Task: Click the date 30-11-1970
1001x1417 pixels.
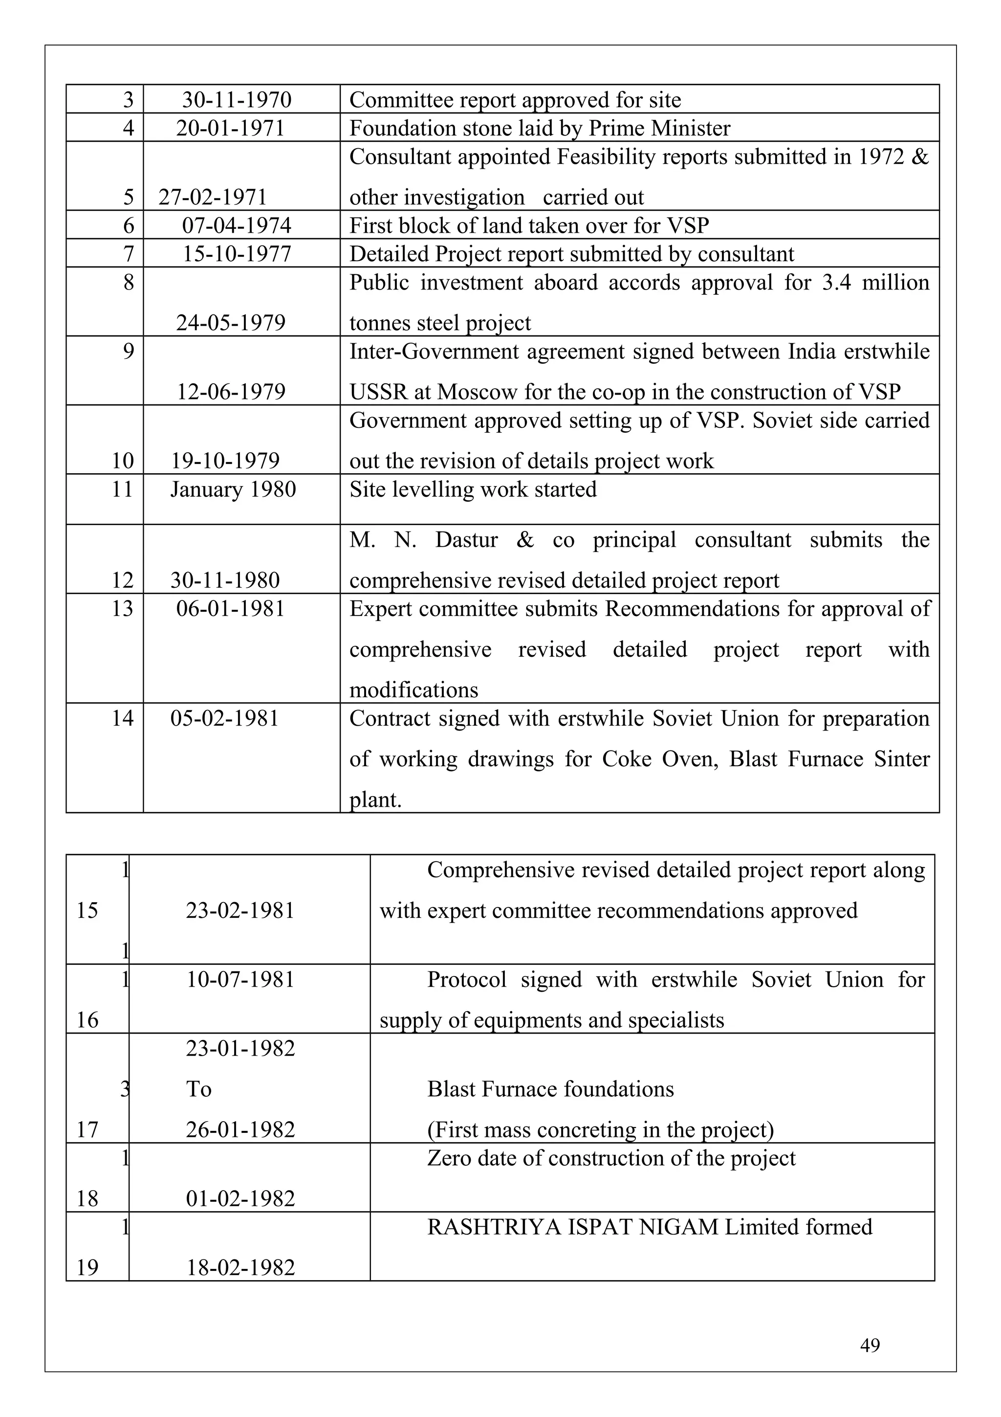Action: pos(236,100)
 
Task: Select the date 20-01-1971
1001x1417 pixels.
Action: pos(230,129)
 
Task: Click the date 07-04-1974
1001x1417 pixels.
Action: pos(236,226)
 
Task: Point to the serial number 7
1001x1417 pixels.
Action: pos(128,254)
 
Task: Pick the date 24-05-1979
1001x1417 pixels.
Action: pos(231,323)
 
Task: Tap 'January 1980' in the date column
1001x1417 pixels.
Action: pos(233,489)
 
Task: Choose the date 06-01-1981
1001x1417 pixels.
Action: pos(230,609)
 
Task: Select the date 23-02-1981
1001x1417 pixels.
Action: pos(240,911)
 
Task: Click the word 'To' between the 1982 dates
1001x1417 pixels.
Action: pos(198,1089)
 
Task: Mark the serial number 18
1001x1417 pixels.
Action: pos(87,1198)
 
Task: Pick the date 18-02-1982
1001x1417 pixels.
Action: pos(240,1268)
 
